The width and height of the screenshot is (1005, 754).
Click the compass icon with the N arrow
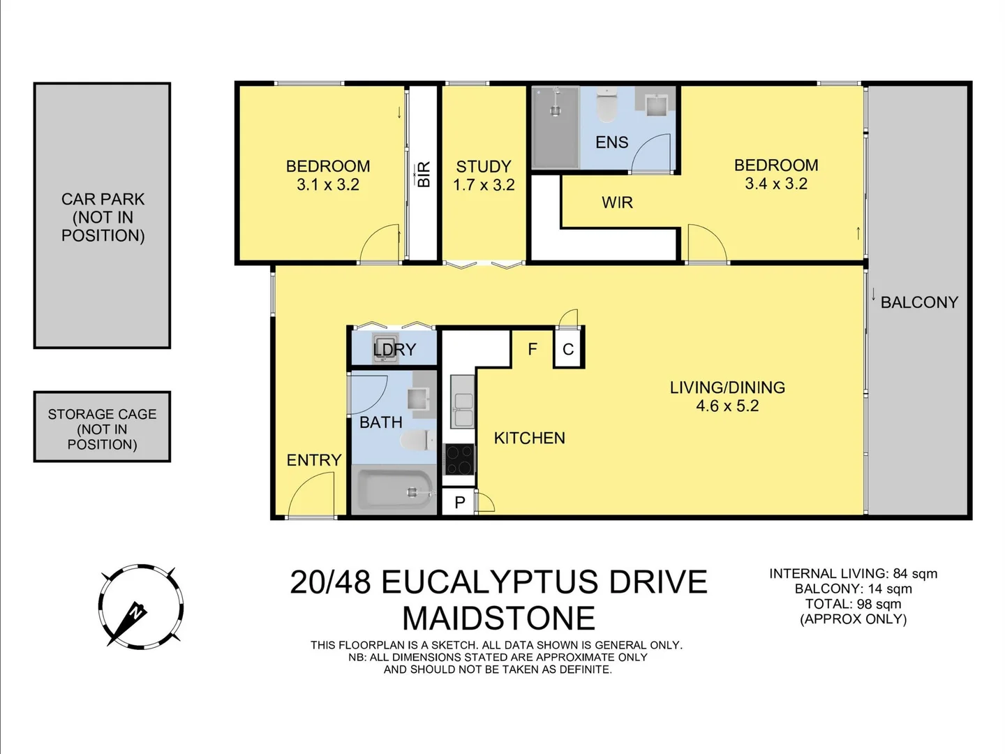140,607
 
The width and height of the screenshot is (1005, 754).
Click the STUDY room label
484,167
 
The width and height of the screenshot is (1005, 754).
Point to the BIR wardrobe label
423,174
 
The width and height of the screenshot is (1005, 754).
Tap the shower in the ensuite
556,127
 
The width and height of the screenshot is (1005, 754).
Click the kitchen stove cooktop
459,459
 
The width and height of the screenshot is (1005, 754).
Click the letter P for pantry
459,502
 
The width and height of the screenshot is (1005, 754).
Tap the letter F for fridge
533,349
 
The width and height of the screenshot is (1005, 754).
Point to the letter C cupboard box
568,349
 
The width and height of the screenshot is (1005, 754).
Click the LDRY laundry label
394,350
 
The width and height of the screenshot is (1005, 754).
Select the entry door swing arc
312,495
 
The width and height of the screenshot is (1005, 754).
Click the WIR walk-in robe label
617,203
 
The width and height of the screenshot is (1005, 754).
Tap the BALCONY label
918,302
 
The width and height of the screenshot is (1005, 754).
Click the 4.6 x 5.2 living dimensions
727,406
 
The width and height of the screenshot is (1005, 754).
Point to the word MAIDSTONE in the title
498,619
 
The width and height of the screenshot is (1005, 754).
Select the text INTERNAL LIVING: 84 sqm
853,574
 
